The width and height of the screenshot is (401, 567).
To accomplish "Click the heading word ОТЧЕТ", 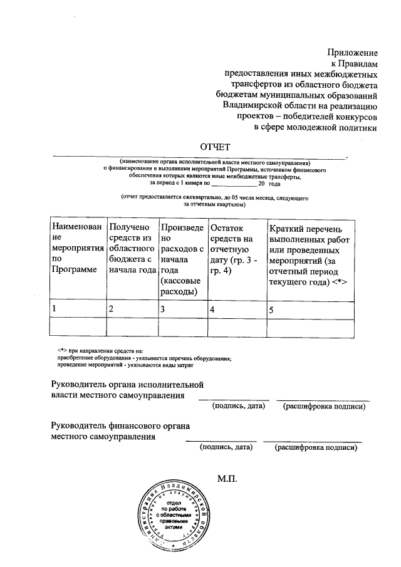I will click(x=216, y=146).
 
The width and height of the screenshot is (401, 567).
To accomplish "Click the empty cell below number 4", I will click(x=235, y=328).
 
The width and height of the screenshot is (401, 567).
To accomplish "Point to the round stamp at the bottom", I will click(x=171, y=517).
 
